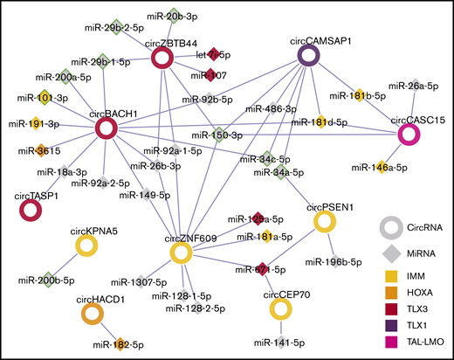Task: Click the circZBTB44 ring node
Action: click(x=162, y=59)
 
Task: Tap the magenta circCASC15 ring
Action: click(x=407, y=135)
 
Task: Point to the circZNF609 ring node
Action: click(x=180, y=253)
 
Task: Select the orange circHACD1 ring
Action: click(x=92, y=312)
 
